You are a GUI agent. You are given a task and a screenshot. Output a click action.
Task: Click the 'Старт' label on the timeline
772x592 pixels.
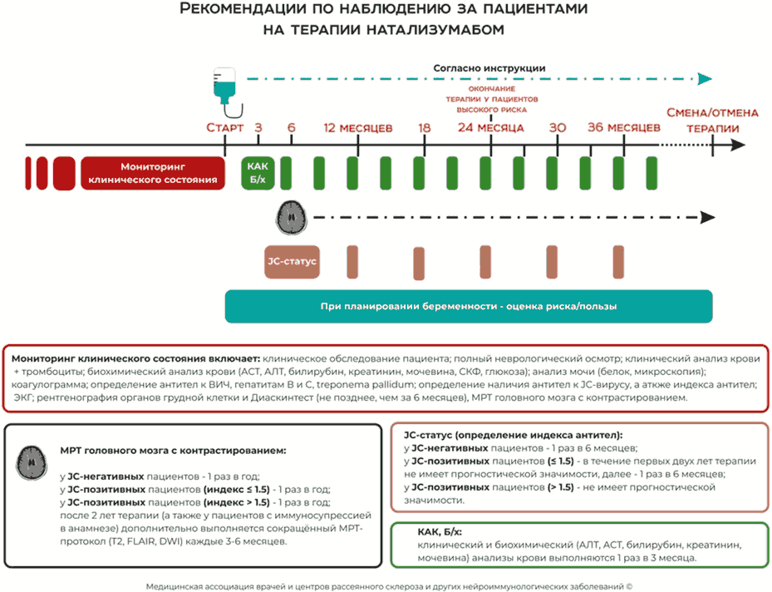click(x=225, y=128)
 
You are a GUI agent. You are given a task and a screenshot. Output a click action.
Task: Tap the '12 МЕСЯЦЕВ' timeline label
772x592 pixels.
click(x=358, y=128)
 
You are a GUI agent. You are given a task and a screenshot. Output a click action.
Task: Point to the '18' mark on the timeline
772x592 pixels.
click(x=424, y=128)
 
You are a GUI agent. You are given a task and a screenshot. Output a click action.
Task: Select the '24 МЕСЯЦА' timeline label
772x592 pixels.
click(x=490, y=128)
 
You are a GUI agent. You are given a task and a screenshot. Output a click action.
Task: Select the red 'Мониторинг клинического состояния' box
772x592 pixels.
click(x=153, y=172)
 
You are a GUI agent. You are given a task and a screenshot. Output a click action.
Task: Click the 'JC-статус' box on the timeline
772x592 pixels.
click(x=293, y=261)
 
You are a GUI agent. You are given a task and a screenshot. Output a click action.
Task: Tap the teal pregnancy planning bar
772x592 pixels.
click(x=469, y=306)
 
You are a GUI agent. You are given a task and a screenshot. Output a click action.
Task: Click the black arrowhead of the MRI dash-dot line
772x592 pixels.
click(x=707, y=218)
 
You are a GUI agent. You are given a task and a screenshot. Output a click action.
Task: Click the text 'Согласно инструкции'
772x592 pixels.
click(x=489, y=68)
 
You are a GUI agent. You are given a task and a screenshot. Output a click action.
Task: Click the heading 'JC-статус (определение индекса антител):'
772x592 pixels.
click(x=513, y=435)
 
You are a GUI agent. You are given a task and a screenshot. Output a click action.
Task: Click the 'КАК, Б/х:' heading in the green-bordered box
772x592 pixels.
click(x=445, y=531)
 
